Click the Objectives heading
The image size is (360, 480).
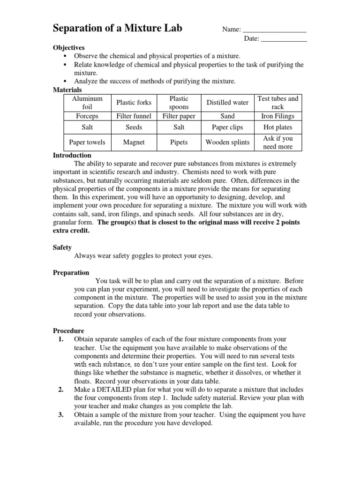click(69, 48)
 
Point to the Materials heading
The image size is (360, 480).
click(67, 90)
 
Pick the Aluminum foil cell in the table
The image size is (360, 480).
click(87, 103)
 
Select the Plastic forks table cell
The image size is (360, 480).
click(134, 103)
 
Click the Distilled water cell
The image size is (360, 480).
click(227, 103)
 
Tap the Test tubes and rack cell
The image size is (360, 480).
click(278, 103)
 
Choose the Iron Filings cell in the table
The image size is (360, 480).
click(278, 116)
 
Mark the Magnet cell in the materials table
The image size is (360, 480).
click(134, 142)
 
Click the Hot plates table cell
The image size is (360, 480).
click(278, 127)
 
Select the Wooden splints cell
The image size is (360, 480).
click(227, 142)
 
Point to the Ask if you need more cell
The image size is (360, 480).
click(278, 142)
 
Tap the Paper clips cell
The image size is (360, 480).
click(227, 127)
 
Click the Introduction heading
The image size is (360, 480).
click(72, 155)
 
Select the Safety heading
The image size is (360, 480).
click(62, 247)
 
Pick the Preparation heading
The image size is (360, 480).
click(71, 272)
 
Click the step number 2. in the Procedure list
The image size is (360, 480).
click(61, 390)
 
